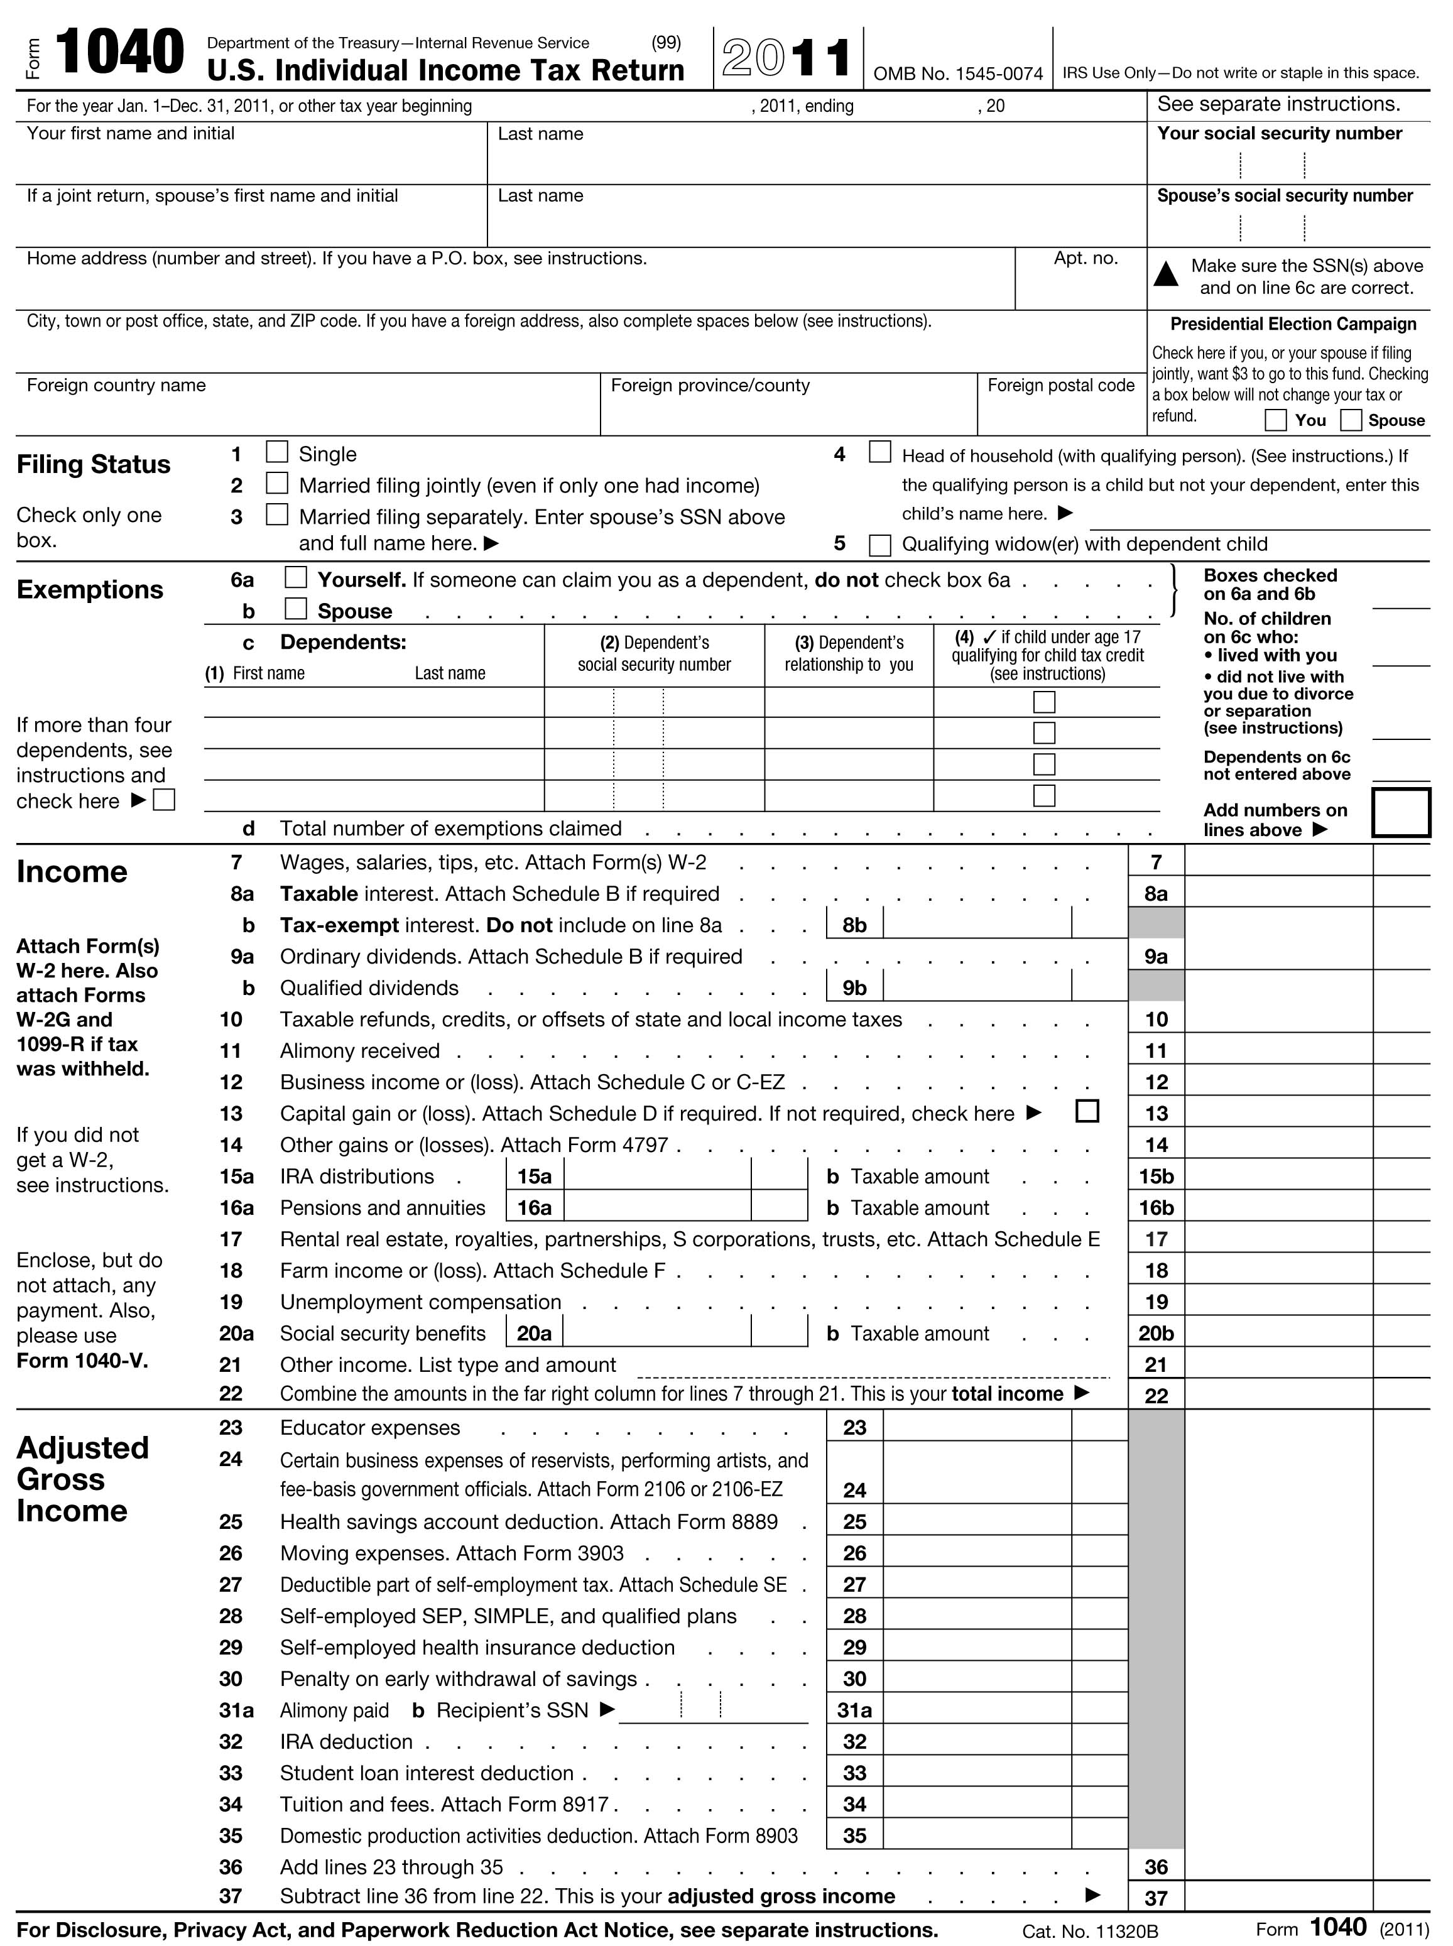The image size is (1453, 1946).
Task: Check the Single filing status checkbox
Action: [277, 452]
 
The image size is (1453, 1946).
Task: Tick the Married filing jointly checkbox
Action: [277, 483]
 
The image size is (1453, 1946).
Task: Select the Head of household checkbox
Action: [879, 452]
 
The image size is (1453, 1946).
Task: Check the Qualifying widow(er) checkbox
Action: [879, 545]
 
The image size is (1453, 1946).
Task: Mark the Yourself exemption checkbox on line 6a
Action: [295, 578]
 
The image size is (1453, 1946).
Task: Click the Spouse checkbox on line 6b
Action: [295, 609]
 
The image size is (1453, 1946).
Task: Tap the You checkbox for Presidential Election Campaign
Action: [1275, 420]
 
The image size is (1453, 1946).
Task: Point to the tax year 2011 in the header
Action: [786, 58]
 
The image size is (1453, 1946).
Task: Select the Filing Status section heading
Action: [93, 464]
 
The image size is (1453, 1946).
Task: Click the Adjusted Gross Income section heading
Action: [83, 1479]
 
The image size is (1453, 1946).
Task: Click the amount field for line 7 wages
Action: [1278, 862]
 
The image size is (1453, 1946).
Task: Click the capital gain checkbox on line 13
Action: [1087, 1111]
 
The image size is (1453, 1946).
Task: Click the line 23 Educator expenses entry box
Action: [976, 1427]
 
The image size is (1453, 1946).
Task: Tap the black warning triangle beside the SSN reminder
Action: [1165, 275]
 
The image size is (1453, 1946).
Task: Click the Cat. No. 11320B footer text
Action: [1090, 1931]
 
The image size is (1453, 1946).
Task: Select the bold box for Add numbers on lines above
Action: [1400, 813]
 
